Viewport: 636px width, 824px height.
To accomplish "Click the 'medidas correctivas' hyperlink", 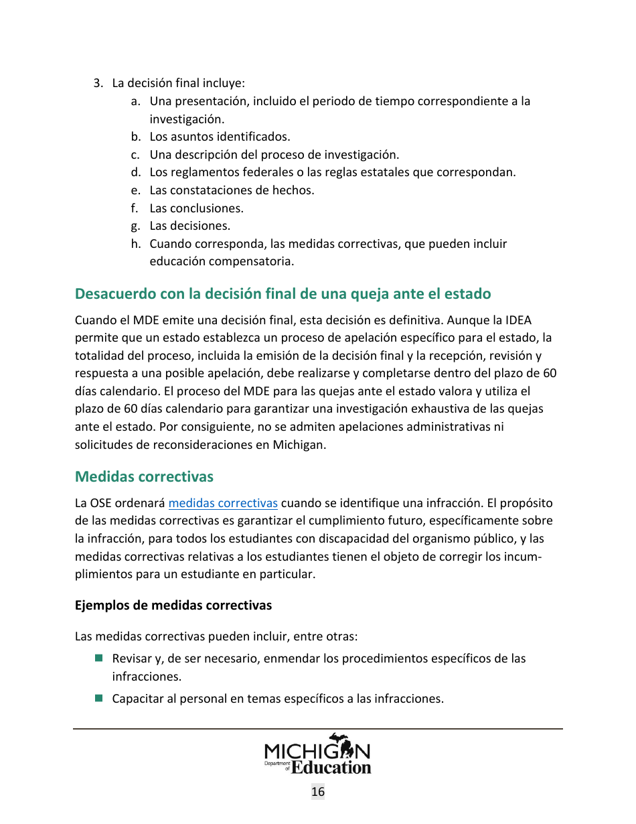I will pos(223,503).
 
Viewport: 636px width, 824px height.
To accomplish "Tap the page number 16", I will pos(318,792).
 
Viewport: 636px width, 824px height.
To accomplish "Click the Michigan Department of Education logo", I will pos(317,754).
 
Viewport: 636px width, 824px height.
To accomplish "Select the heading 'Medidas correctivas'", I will pos(144,476).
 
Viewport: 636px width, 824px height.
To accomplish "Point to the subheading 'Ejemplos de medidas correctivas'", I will pos(173,606).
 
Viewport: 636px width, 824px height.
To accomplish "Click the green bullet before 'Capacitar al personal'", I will pos(98,698).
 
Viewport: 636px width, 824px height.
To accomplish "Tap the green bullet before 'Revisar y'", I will pos(98,659).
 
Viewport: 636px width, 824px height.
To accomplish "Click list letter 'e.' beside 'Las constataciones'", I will pos(136,190).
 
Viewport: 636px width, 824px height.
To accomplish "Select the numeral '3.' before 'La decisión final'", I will pos(98,84).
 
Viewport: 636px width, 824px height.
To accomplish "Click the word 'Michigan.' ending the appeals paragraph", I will pos(299,444).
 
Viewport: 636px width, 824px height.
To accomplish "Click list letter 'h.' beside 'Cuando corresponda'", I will pos(136,244).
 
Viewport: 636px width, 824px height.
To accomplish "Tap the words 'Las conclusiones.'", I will pos(196,208).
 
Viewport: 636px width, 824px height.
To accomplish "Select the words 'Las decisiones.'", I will pos(189,226).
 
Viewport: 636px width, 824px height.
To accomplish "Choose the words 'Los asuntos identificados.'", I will pos(220,137).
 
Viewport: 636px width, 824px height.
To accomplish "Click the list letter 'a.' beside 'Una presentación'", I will pos(136,101).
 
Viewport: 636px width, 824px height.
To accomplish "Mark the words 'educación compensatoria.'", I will pos(221,261).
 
